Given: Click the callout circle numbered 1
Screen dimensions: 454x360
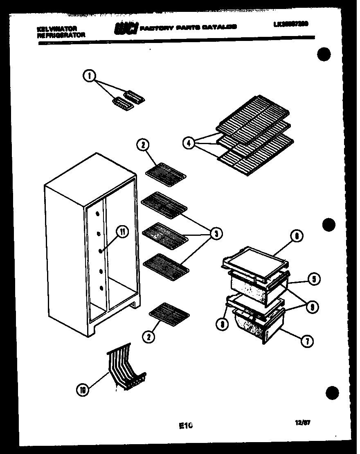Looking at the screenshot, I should [x=89, y=75].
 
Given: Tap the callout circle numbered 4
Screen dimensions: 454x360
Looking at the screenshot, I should [x=188, y=143].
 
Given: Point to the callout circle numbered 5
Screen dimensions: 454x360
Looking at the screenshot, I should [x=313, y=280].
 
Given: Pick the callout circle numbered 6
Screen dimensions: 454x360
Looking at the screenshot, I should [x=297, y=236].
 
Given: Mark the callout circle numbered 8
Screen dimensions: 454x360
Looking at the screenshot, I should [x=223, y=324].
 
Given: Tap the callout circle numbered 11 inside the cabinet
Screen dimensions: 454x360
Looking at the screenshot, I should [x=122, y=232].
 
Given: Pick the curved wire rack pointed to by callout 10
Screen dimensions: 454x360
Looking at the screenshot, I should [x=125, y=364].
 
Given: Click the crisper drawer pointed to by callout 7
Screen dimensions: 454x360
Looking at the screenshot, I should [x=256, y=325].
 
